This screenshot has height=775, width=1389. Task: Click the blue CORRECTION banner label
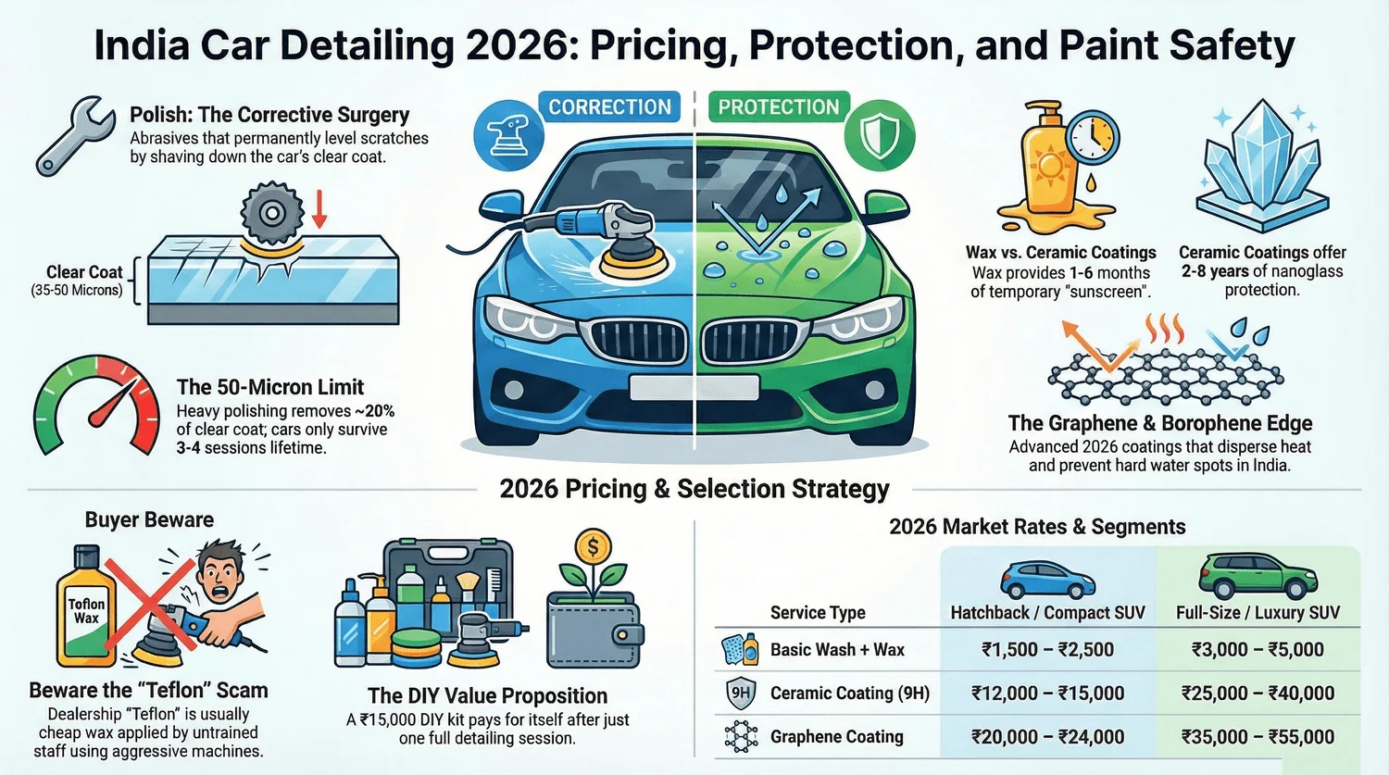(609, 107)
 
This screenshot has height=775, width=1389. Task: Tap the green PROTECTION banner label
(778, 107)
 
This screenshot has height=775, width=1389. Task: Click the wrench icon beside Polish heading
(74, 135)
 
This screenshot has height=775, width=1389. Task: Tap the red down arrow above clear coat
(319, 207)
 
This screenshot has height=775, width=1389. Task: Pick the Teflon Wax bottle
(85, 607)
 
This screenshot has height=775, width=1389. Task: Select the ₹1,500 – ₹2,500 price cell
(1047, 650)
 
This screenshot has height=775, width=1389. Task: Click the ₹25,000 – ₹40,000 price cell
(1258, 694)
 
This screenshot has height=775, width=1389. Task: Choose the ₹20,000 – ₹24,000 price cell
(1047, 737)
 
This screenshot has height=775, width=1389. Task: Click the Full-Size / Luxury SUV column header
(1258, 612)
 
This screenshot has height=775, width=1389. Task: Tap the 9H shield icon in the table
(740, 693)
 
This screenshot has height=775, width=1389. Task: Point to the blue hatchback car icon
(1047, 580)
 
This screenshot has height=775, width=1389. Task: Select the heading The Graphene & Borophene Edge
(1159, 423)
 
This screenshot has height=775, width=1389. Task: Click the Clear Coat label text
(84, 272)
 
